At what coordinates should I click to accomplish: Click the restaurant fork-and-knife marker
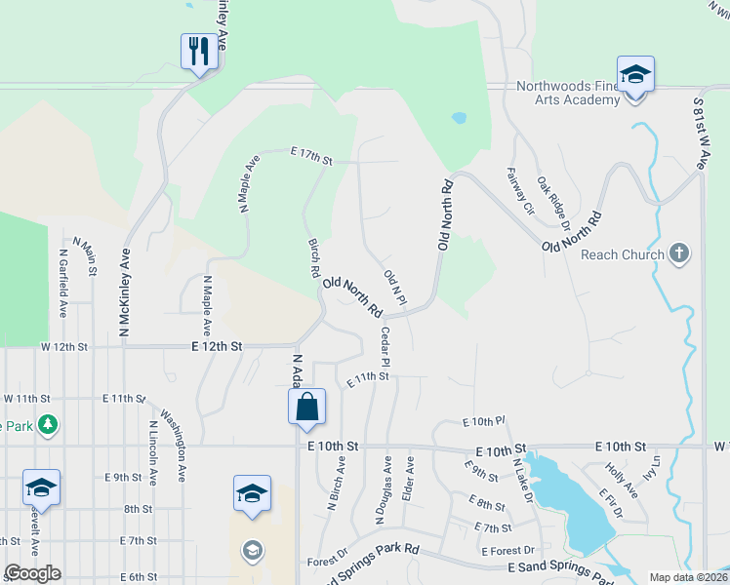200,51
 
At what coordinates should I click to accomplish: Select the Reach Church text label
623,255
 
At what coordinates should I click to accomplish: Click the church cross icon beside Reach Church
679,254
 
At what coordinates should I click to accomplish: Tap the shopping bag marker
306,408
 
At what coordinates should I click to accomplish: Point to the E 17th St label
311,155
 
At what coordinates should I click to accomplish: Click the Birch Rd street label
315,259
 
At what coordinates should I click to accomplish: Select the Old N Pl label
394,288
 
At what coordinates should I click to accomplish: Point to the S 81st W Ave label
700,134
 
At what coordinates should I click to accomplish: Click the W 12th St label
64,347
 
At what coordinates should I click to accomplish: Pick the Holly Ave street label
621,480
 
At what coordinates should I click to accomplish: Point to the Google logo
32,573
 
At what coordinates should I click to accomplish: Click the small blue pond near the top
458,118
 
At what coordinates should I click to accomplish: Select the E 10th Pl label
482,421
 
